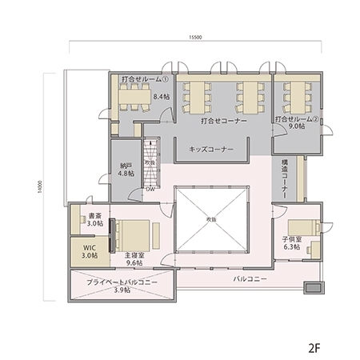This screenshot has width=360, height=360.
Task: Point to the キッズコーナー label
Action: [211, 149]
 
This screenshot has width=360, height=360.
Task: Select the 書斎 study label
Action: [94, 215]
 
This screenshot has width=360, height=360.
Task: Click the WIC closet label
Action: [90, 249]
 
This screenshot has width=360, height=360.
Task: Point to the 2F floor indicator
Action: [314, 348]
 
